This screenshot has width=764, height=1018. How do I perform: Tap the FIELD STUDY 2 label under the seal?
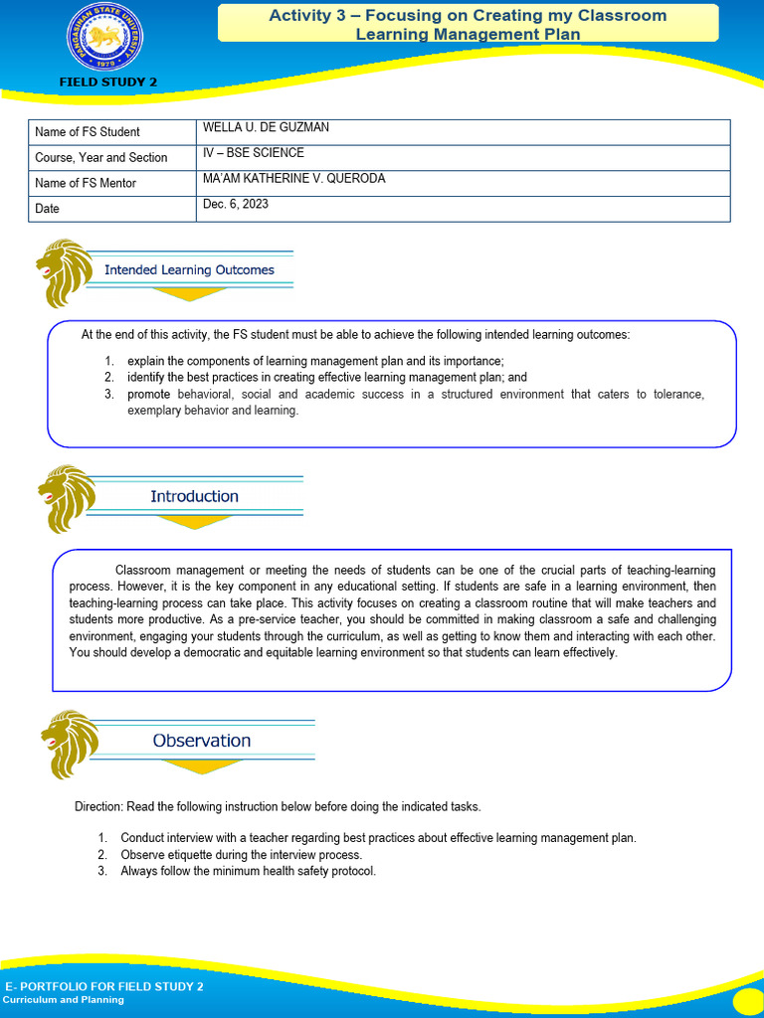click(108, 83)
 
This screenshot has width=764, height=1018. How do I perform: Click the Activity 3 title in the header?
click(468, 25)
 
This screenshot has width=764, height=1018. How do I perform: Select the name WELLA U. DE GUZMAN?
click(266, 127)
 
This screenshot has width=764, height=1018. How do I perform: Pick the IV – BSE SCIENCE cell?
click(253, 153)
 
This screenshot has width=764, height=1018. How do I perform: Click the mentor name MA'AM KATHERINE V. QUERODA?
click(293, 179)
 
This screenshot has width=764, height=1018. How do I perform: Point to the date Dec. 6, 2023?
click(236, 204)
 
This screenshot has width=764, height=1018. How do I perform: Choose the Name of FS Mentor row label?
click(86, 183)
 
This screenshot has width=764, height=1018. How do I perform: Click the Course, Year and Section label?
click(101, 157)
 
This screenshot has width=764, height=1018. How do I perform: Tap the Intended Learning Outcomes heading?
click(189, 269)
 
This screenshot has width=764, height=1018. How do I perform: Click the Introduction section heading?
click(194, 496)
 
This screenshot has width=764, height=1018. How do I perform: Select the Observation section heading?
click(201, 741)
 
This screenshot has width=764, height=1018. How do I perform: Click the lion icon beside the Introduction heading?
click(67, 498)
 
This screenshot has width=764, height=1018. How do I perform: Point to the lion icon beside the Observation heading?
click(70, 744)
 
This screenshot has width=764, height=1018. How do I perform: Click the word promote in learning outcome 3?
click(148, 395)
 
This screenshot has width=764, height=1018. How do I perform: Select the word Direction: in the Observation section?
click(98, 806)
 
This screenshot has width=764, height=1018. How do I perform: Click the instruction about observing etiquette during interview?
click(241, 855)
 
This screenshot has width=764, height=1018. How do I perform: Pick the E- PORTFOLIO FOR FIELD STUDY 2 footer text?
click(104, 986)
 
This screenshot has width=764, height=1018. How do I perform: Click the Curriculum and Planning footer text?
click(65, 1000)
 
